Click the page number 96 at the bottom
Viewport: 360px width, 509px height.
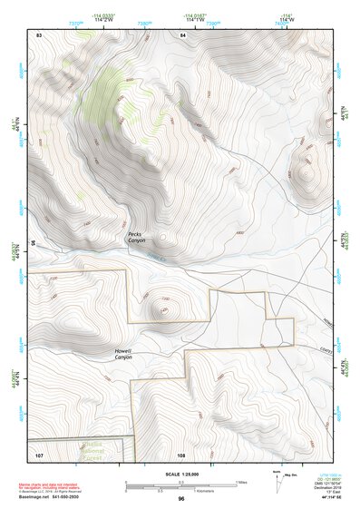click(x=181, y=499)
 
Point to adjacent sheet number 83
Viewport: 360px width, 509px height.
click(x=39, y=34)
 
